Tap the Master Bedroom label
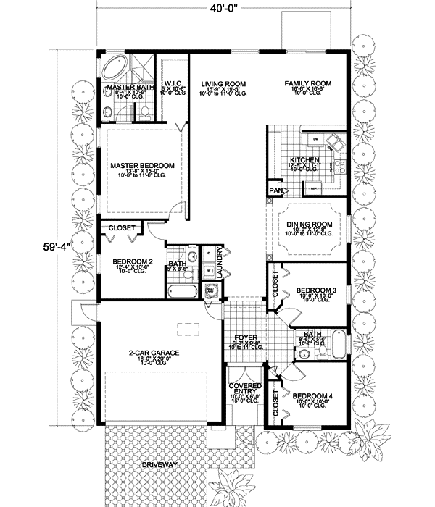[x=142, y=166]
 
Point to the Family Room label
[x=307, y=84]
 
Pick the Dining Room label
[x=309, y=225]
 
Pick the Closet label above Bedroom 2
[x=122, y=229]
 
